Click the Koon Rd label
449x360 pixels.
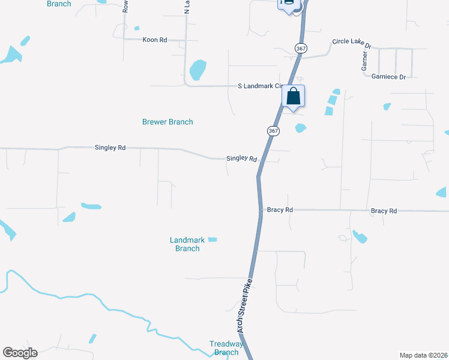(154, 40)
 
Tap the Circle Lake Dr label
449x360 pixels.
(352, 44)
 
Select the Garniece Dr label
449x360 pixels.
(388, 77)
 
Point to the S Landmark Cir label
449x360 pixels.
(259, 86)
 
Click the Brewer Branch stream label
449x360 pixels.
(167, 122)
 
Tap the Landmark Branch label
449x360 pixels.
(187, 244)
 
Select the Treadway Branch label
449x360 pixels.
(226, 348)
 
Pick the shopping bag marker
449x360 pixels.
(293, 97)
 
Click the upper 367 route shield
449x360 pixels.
(300, 49)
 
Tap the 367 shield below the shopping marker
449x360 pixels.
(273, 131)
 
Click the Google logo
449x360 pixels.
(20, 352)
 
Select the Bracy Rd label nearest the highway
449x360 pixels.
(280, 210)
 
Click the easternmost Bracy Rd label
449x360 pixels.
(384, 211)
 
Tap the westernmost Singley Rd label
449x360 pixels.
(110, 147)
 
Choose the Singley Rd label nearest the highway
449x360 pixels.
(241, 158)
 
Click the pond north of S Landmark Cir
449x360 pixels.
(197, 70)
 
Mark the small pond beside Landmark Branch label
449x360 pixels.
(212, 239)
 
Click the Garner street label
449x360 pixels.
(364, 61)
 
